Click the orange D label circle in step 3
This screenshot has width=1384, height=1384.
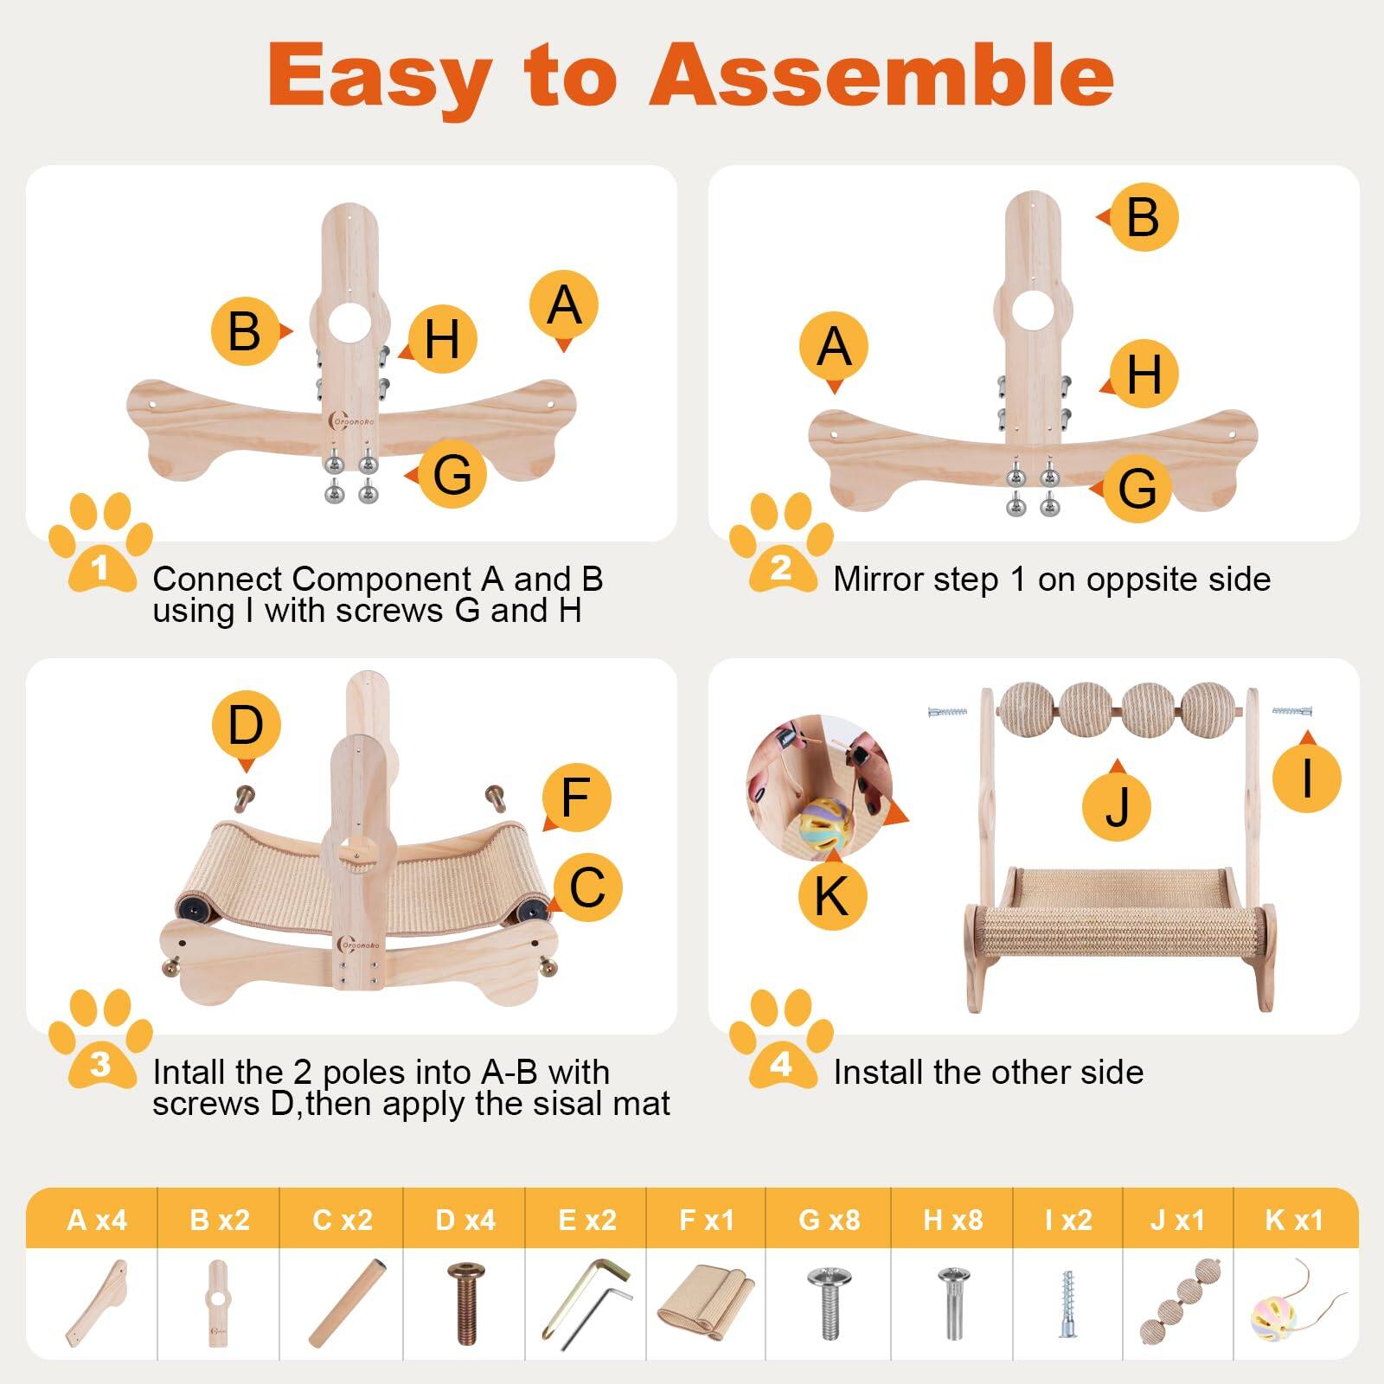coord(246,725)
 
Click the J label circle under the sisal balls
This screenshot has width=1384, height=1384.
coord(1118,806)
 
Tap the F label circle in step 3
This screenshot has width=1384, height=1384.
coord(576,798)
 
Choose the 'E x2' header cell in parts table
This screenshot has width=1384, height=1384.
coord(586,1220)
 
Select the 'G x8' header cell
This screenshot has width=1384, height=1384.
coord(829,1220)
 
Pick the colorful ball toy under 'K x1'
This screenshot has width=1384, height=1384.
coord(1275,1308)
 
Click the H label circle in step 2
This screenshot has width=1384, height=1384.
coord(1144,374)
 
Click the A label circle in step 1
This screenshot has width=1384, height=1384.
coord(564,305)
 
